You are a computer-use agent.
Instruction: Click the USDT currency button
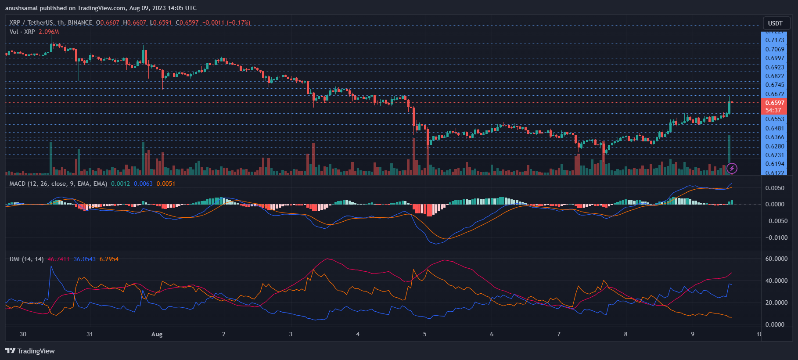[x=775, y=23]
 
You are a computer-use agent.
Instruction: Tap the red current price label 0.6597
[x=775, y=103]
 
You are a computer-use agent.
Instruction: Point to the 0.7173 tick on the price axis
[x=775, y=40]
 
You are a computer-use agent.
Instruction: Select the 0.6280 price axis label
[x=775, y=146]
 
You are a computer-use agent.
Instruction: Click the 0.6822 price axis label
[x=775, y=76]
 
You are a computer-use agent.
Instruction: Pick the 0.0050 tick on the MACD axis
[x=775, y=188]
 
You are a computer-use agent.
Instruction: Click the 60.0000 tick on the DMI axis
[x=776, y=259]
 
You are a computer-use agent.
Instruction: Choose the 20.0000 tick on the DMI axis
[x=776, y=302]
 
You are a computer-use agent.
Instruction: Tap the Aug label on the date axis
[x=157, y=335]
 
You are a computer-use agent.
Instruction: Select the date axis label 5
[x=424, y=334]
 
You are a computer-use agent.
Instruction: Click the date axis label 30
[x=23, y=334]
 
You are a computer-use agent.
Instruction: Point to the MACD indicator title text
[x=58, y=184]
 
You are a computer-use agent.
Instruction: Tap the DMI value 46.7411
[x=58, y=259]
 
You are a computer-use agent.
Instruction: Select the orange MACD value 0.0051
[x=165, y=184]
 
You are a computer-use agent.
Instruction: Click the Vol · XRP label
[x=22, y=32]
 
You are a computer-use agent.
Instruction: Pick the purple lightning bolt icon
[x=732, y=168]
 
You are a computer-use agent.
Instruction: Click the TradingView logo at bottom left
[x=30, y=351]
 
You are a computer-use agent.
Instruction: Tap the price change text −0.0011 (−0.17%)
[x=226, y=22]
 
